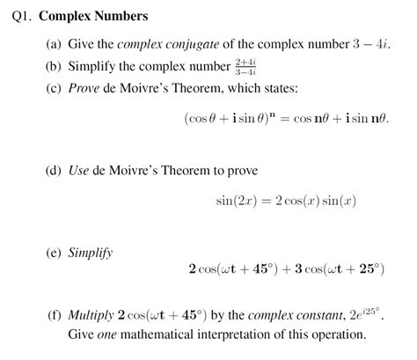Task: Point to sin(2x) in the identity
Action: click(237, 202)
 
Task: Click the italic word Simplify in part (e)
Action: click(91, 253)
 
